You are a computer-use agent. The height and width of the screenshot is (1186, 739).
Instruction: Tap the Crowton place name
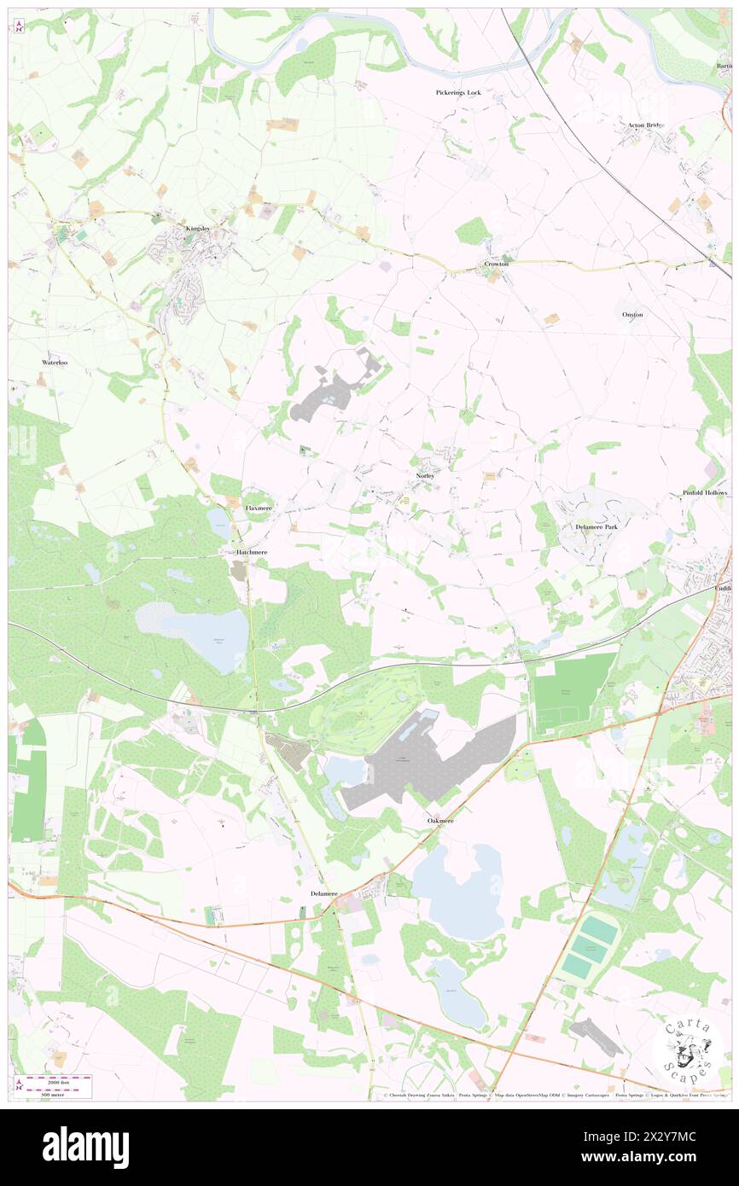(497, 264)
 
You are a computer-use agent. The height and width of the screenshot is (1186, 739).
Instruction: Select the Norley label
(425, 474)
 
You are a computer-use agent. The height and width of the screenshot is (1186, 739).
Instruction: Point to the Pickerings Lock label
(458, 92)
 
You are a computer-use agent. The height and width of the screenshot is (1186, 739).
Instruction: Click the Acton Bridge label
(646, 125)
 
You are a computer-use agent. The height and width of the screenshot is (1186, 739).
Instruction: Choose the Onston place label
(632, 315)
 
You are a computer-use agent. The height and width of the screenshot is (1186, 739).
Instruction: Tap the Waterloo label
(55, 363)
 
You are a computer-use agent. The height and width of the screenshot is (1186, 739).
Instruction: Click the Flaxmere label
(258, 508)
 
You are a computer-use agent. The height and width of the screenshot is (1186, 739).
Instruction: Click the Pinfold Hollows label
(705, 493)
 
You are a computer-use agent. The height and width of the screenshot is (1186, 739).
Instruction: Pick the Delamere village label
(325, 893)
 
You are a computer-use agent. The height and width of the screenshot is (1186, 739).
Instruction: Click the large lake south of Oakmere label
(462, 892)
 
